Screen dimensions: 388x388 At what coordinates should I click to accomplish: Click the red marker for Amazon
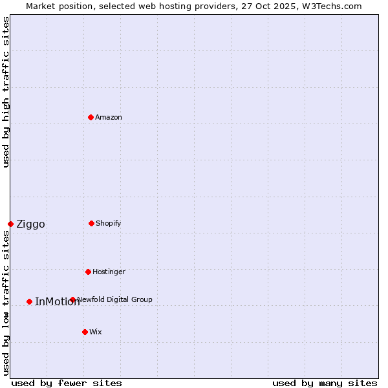91,117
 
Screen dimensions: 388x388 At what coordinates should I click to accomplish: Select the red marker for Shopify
91,223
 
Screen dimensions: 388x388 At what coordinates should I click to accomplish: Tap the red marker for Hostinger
88,272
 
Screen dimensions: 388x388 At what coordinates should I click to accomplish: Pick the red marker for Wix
85,332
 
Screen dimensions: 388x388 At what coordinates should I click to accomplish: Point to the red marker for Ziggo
10,224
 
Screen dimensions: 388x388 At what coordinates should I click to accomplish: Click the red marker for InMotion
29,301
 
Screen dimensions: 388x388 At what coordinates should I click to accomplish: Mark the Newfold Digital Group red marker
72,299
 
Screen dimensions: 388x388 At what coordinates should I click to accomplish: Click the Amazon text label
109,117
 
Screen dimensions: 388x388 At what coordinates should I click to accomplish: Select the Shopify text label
109,223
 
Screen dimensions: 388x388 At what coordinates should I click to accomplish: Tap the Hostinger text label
109,272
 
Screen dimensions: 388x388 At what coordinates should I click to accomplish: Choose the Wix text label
96,332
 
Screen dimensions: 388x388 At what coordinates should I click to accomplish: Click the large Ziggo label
30,224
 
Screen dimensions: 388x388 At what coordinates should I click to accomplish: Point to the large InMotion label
57,302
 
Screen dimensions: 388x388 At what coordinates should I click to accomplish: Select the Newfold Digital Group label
115,299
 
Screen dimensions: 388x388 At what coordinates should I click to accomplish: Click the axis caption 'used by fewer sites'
67,383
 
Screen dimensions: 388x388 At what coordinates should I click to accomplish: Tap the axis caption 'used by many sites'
325,383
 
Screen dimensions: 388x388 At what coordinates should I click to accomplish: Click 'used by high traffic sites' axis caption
6,92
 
